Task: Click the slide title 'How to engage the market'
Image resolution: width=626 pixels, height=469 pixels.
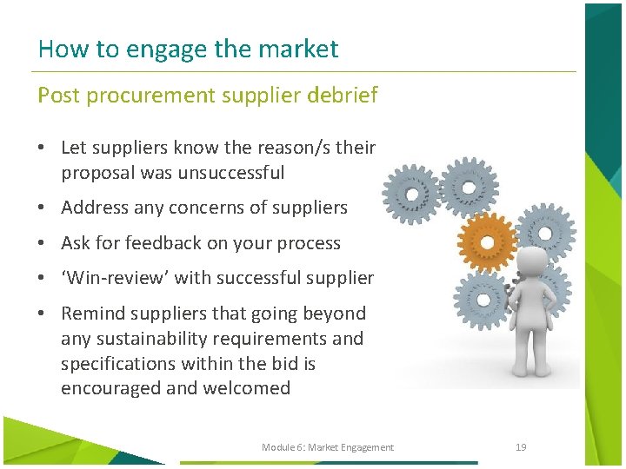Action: point(188,49)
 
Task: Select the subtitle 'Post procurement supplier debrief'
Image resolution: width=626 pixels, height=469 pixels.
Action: point(207,96)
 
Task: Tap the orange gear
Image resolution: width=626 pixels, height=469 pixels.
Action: point(487,241)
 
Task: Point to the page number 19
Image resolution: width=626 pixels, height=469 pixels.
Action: point(521,447)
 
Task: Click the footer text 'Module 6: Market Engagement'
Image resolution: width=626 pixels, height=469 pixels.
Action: point(327,447)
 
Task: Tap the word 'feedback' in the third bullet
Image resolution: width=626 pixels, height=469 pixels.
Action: point(163,243)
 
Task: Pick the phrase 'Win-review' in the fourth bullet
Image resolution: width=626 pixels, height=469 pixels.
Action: point(106,278)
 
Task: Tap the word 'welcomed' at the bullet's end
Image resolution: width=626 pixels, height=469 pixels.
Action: point(246,388)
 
